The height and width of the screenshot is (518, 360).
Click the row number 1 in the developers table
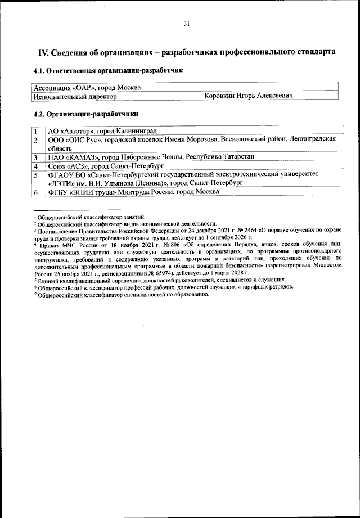tap(35, 130)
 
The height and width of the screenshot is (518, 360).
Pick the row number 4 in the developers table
tap(35, 166)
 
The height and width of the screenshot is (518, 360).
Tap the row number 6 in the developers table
tap(35, 192)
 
